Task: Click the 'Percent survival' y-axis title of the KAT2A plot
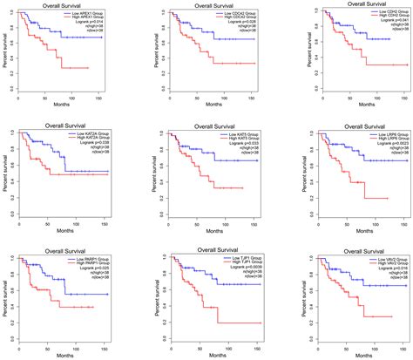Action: pyautogui.click(x=6, y=173)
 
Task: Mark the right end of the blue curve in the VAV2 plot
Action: pyautogui.click(x=402, y=285)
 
